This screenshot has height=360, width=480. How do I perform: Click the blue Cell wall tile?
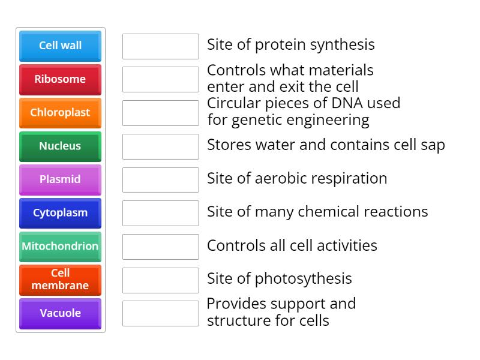pos(60,46)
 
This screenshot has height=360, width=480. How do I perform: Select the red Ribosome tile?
pos(60,79)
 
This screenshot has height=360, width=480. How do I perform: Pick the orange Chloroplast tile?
pos(60,113)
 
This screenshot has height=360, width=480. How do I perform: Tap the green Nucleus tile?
pos(60,146)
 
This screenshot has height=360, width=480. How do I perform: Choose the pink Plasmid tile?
pos(60,179)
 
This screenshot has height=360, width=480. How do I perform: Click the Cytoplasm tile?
pos(60,213)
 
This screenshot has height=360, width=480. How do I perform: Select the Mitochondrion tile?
pos(60,247)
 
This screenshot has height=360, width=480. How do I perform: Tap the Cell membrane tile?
pos(60,280)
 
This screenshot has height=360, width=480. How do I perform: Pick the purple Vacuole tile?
pos(60,313)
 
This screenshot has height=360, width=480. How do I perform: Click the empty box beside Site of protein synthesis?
pos(160,46)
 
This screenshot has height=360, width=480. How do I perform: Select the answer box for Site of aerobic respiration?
pos(160,180)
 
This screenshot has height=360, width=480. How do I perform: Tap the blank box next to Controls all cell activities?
pos(160,247)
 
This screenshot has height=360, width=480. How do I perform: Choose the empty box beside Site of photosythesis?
pos(160,280)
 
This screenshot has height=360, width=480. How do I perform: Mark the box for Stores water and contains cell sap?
pos(160,146)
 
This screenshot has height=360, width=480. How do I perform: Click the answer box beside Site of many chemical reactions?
pos(160,213)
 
